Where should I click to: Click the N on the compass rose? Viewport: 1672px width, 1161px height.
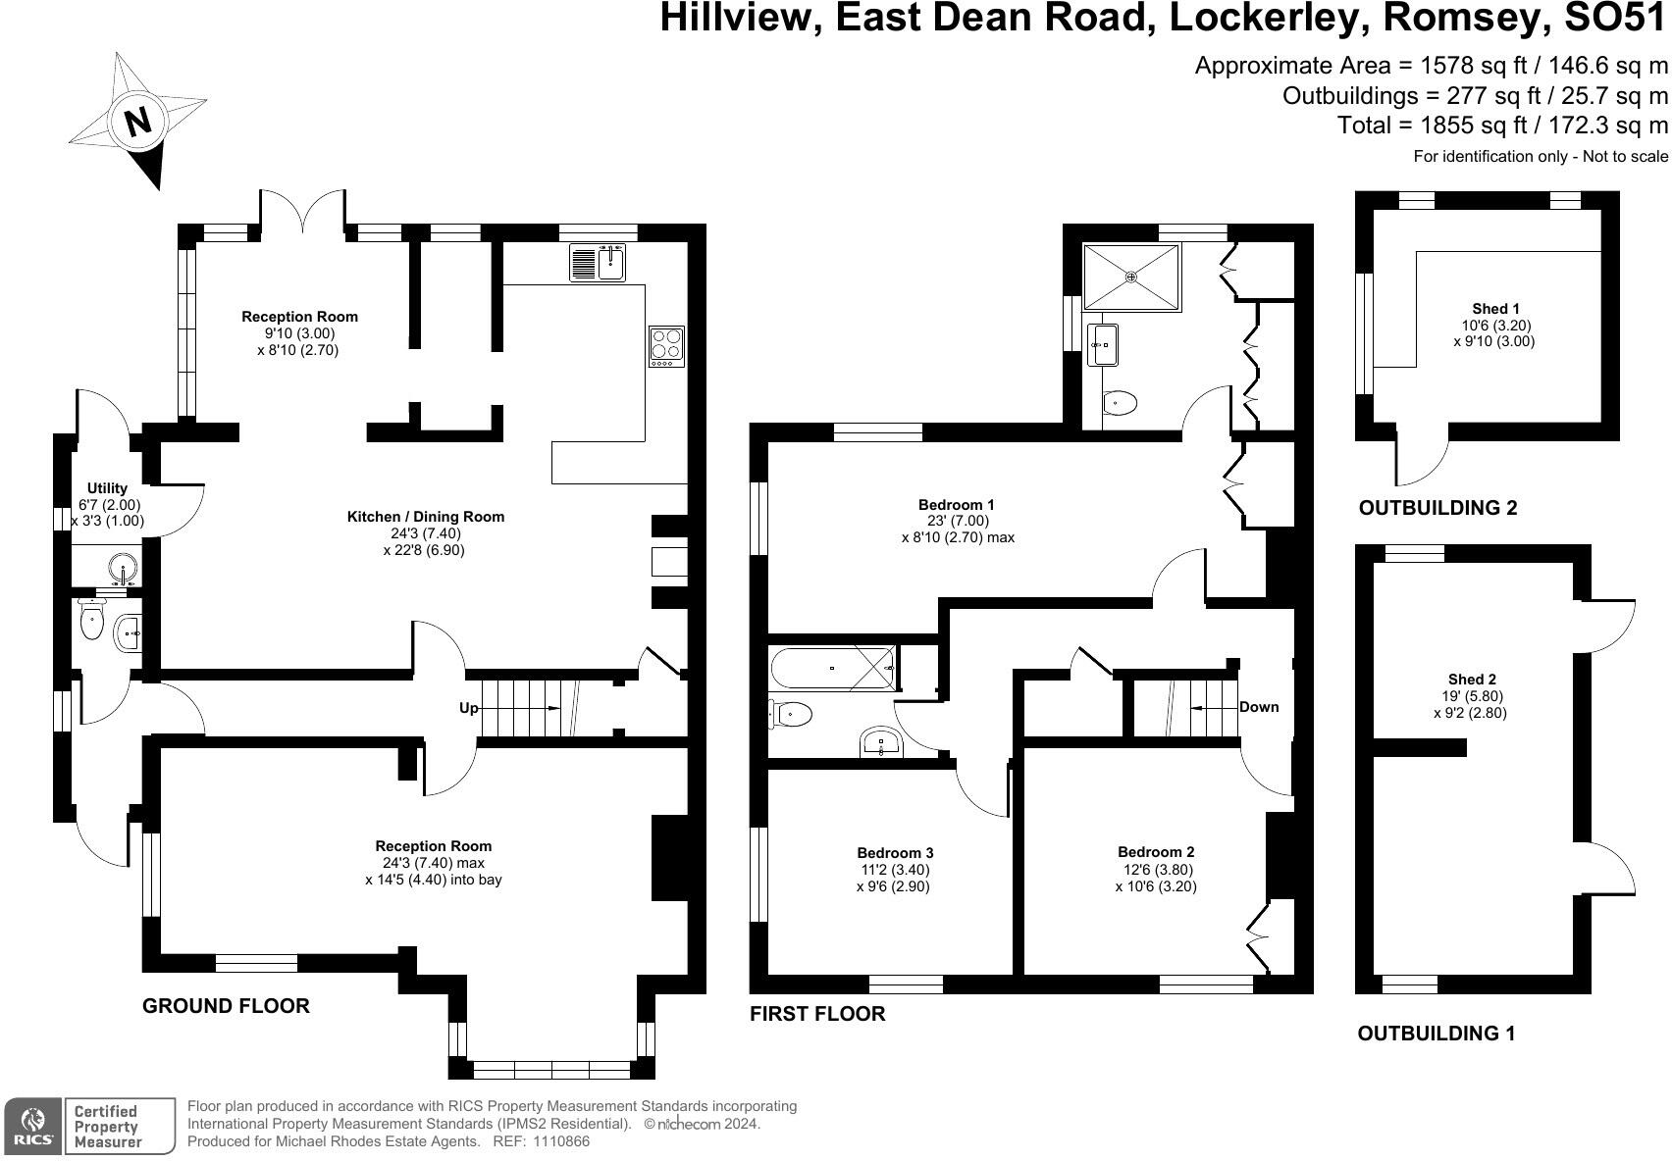pos(138,121)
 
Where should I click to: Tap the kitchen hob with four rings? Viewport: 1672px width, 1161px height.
pos(666,346)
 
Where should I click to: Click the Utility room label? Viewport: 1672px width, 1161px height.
pos(107,488)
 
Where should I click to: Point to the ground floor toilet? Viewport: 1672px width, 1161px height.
pos(91,619)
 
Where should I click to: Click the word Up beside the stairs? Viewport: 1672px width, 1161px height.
pos(469,708)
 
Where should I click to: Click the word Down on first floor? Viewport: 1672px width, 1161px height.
pos(1259,707)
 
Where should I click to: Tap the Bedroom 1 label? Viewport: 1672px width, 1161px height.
pos(956,505)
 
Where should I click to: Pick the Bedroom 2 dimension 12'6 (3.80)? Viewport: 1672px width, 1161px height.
pos(1156,870)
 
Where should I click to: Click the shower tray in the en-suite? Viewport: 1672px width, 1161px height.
pos(1131,278)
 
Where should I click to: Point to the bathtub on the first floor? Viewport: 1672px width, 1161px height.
pos(832,668)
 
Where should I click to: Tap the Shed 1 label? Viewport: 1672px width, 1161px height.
pos(1495,309)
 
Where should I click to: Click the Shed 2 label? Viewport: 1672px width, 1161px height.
pos(1472,680)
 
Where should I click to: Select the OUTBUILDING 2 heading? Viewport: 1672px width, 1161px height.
pos(1437,508)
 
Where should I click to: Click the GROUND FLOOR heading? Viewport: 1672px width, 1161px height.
pos(226,1006)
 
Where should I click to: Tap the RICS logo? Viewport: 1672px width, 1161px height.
pos(33,1127)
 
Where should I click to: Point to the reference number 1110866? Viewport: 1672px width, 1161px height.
pos(560,1141)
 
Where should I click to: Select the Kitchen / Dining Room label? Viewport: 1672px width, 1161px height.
pos(426,517)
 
